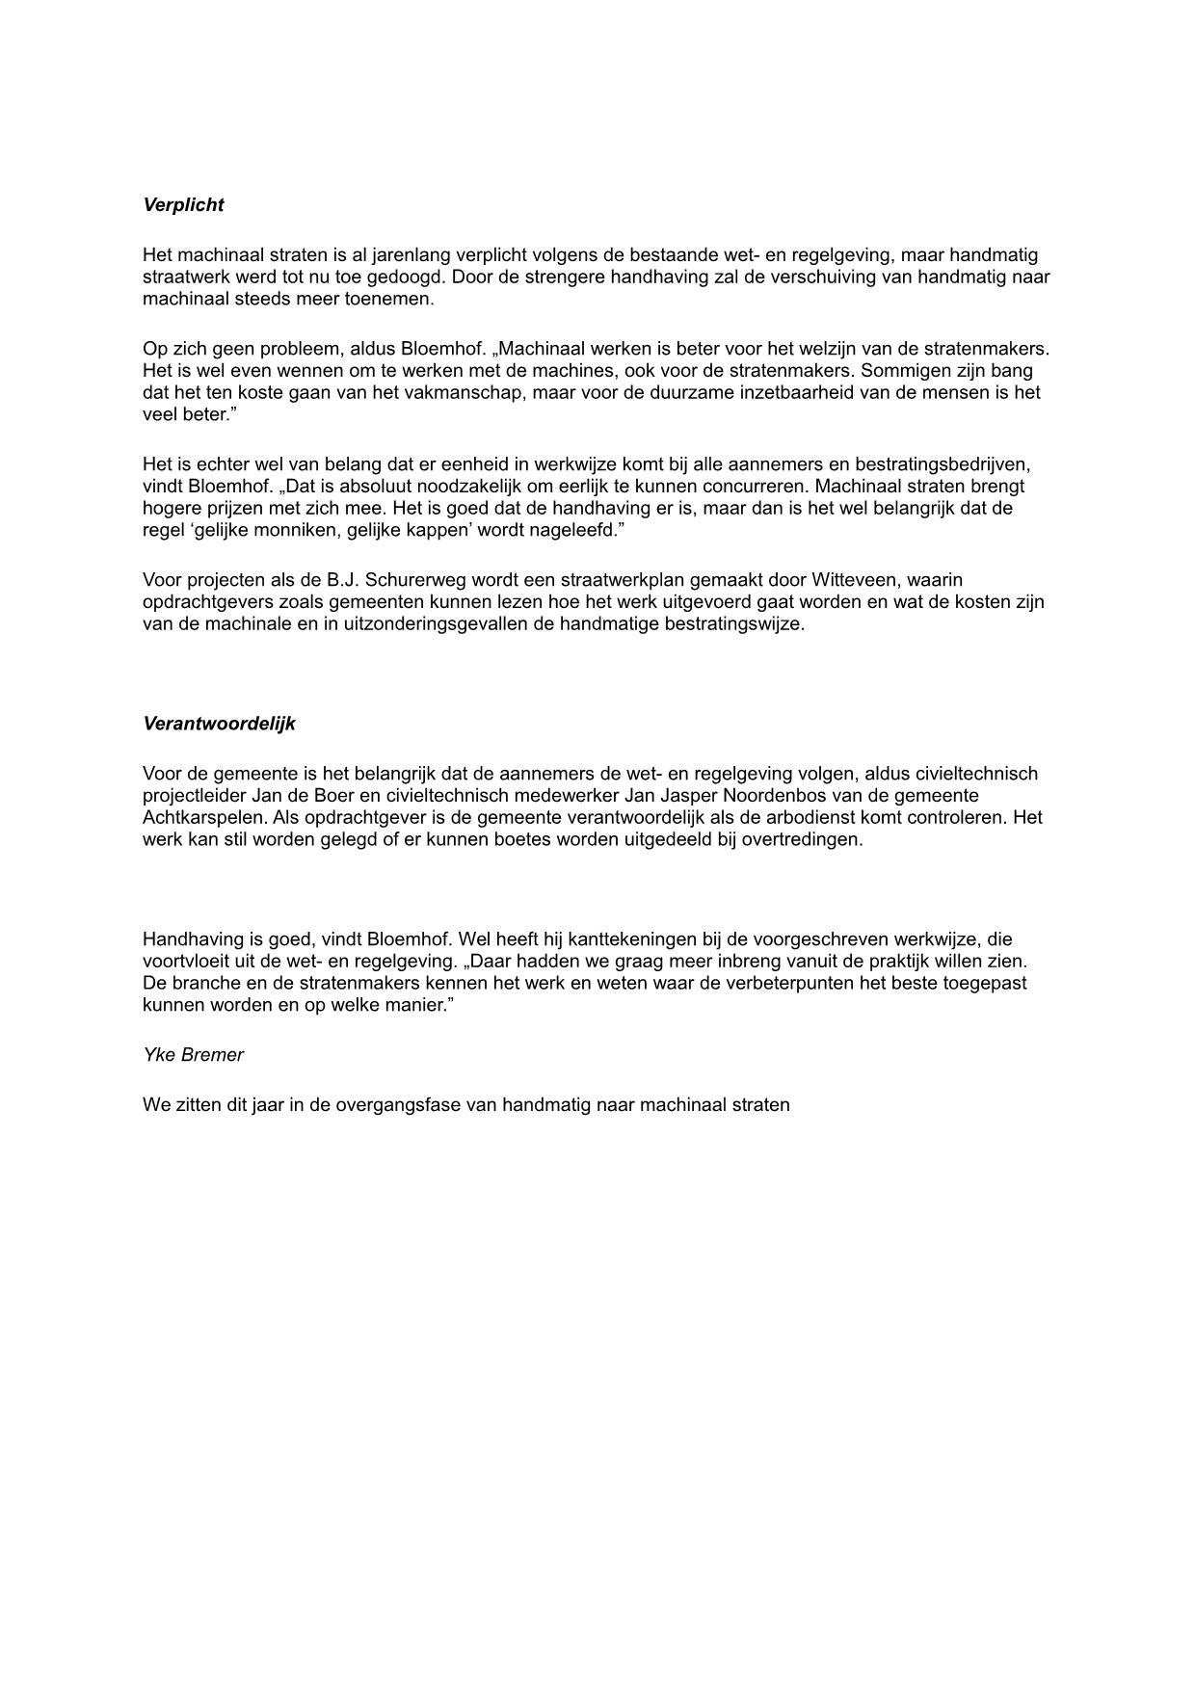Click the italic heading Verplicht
point(183,204)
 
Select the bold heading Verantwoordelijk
point(219,724)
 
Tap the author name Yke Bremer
point(193,1054)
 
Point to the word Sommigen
point(902,371)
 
